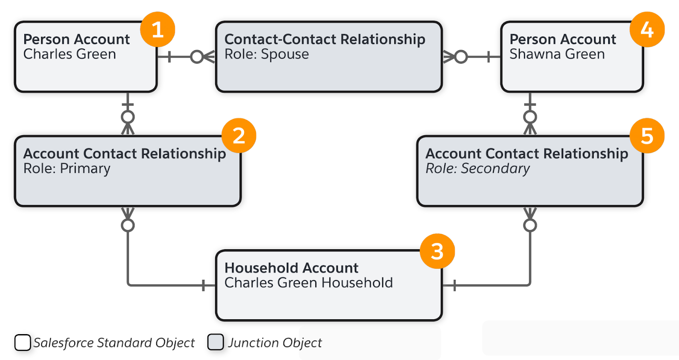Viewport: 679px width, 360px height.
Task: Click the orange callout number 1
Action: [157, 29]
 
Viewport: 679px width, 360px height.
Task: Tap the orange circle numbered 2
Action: [238, 135]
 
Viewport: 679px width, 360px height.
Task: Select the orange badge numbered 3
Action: [437, 251]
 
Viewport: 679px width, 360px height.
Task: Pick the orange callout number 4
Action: [647, 29]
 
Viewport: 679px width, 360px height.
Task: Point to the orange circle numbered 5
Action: [647, 135]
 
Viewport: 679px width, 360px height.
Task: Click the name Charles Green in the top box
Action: [70, 54]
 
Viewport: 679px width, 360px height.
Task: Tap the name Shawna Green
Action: [557, 54]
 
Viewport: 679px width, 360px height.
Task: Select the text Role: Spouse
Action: [267, 54]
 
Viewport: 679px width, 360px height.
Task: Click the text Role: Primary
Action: [67, 169]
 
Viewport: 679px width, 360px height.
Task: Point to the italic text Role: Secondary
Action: [477, 169]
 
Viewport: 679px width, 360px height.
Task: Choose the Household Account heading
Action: [291, 268]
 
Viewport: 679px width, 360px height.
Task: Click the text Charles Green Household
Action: [309, 283]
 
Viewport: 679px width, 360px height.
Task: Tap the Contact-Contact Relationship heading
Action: [325, 39]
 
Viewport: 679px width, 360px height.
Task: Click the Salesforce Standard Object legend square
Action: [22, 342]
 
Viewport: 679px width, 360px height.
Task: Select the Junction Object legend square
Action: [216, 342]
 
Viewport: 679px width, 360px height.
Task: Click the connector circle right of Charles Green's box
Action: [197, 56]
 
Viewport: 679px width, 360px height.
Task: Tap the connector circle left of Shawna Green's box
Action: [461, 56]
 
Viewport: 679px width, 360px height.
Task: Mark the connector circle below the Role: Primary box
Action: [128, 225]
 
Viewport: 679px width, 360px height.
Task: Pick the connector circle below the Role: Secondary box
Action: [530, 225]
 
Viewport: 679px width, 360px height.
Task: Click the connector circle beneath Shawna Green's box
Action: [530, 117]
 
